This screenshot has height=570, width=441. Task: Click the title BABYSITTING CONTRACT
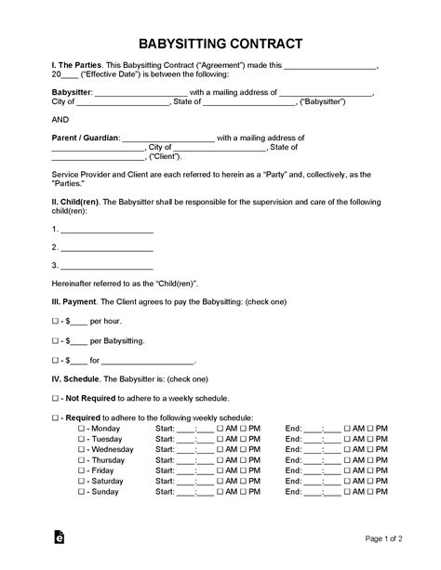(220, 44)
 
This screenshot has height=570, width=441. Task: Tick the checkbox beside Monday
(81, 429)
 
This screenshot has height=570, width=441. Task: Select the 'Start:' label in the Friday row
(165, 471)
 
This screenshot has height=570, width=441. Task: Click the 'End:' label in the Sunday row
(294, 491)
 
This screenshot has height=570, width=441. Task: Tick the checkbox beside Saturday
(81, 481)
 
